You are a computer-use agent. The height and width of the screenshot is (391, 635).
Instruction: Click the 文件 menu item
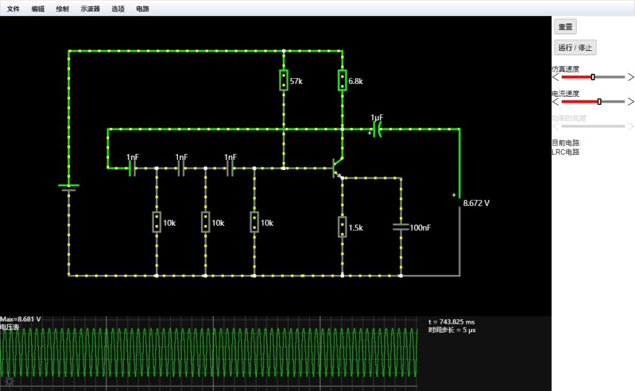pos(14,9)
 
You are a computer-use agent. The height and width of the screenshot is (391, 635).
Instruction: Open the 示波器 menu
pos(90,9)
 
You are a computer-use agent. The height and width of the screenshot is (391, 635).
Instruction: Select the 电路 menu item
pos(143,9)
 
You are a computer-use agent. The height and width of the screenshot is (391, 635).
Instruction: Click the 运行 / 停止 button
pos(575,47)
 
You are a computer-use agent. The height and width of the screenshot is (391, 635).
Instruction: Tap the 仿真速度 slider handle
pos(593,77)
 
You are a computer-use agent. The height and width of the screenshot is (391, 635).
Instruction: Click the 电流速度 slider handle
pos(600,102)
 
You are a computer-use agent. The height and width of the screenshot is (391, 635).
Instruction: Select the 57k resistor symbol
pos(283,80)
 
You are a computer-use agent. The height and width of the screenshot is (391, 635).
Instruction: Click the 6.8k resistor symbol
pos(342,80)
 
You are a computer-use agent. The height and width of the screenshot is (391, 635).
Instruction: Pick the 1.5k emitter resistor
pos(342,227)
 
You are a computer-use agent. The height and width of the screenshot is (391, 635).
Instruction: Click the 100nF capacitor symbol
pos(401,227)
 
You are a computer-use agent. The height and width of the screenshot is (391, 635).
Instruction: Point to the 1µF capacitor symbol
pos(377,130)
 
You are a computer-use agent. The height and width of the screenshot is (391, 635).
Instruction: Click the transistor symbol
pos(338,168)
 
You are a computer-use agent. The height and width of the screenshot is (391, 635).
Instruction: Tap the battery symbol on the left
pos(69,187)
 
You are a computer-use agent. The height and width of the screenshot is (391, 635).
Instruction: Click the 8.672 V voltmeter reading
pos(476,203)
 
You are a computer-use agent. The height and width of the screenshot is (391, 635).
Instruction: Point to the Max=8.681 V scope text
pos(20,319)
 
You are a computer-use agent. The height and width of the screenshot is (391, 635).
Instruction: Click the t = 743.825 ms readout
pos(451,321)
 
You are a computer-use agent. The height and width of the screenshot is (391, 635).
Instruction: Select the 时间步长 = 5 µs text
pos(452,330)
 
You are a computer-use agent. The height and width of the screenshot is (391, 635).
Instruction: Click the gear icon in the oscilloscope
pos(9,381)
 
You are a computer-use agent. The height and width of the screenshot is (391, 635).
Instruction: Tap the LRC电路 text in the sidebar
pos(566,152)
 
